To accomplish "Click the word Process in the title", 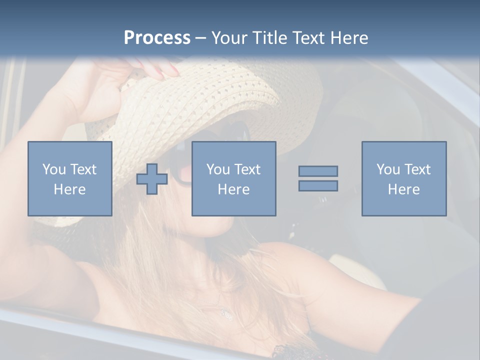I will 157,37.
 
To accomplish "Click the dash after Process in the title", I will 200,38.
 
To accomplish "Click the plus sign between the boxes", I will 152,179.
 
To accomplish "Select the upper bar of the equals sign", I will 318,171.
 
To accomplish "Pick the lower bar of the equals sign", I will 318,186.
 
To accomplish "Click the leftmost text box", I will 70,178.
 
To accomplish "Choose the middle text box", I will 233,178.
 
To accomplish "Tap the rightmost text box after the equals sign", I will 403,178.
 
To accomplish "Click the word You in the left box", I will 53,169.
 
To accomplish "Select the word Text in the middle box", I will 247,169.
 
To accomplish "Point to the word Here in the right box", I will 403,189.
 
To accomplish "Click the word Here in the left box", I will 70,189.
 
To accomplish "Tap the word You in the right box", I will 388,169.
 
